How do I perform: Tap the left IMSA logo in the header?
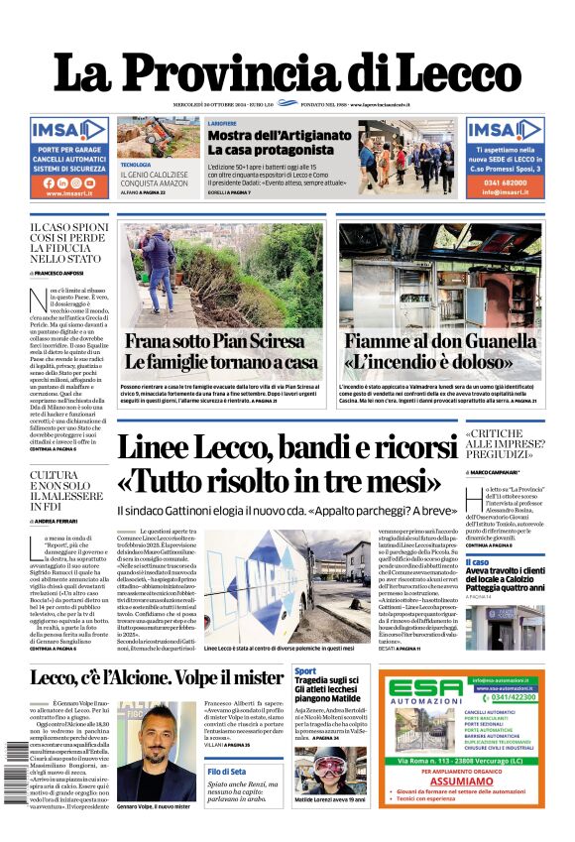[68, 131]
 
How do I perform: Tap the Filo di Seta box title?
[227, 772]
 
